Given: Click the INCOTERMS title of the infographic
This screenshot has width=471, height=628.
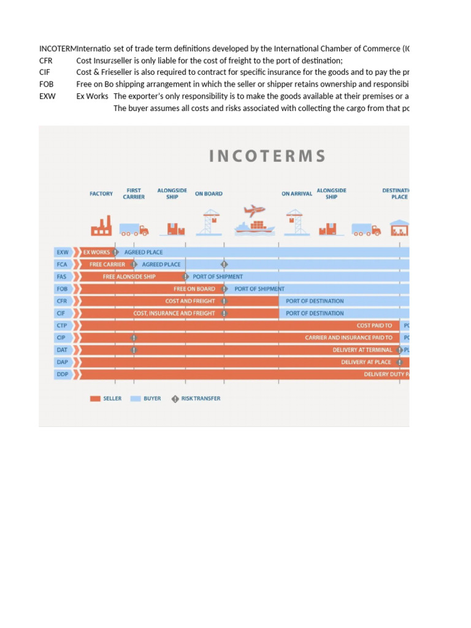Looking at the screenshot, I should click(267, 156).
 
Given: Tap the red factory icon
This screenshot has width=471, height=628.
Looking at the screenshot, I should click(101, 226).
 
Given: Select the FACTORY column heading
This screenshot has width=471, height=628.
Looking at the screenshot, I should click(101, 194).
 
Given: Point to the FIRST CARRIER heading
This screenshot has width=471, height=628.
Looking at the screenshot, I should click(134, 194).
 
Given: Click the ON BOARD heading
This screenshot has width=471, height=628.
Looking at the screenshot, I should click(209, 194).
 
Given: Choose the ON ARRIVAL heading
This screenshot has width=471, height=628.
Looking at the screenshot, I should click(297, 194).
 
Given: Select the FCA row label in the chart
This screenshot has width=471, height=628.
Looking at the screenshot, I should click(62, 264).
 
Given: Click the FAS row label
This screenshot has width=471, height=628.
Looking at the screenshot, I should click(62, 277).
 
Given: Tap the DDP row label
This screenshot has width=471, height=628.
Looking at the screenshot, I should click(62, 374).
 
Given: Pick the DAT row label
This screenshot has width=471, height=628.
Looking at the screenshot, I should click(62, 350).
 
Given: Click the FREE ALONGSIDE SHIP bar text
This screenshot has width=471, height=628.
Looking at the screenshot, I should click(129, 277).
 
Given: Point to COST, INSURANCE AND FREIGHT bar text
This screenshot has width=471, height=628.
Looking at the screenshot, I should click(174, 313).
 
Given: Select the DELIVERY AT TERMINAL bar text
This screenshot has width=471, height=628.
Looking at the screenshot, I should click(362, 350).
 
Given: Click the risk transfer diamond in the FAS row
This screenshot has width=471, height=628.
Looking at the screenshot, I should click(186, 277).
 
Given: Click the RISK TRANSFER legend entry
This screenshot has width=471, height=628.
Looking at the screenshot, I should click(196, 399).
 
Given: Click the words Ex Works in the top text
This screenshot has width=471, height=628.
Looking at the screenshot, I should click(92, 96).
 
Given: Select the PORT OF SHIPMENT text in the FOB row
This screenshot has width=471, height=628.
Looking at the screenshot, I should click(259, 289).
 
